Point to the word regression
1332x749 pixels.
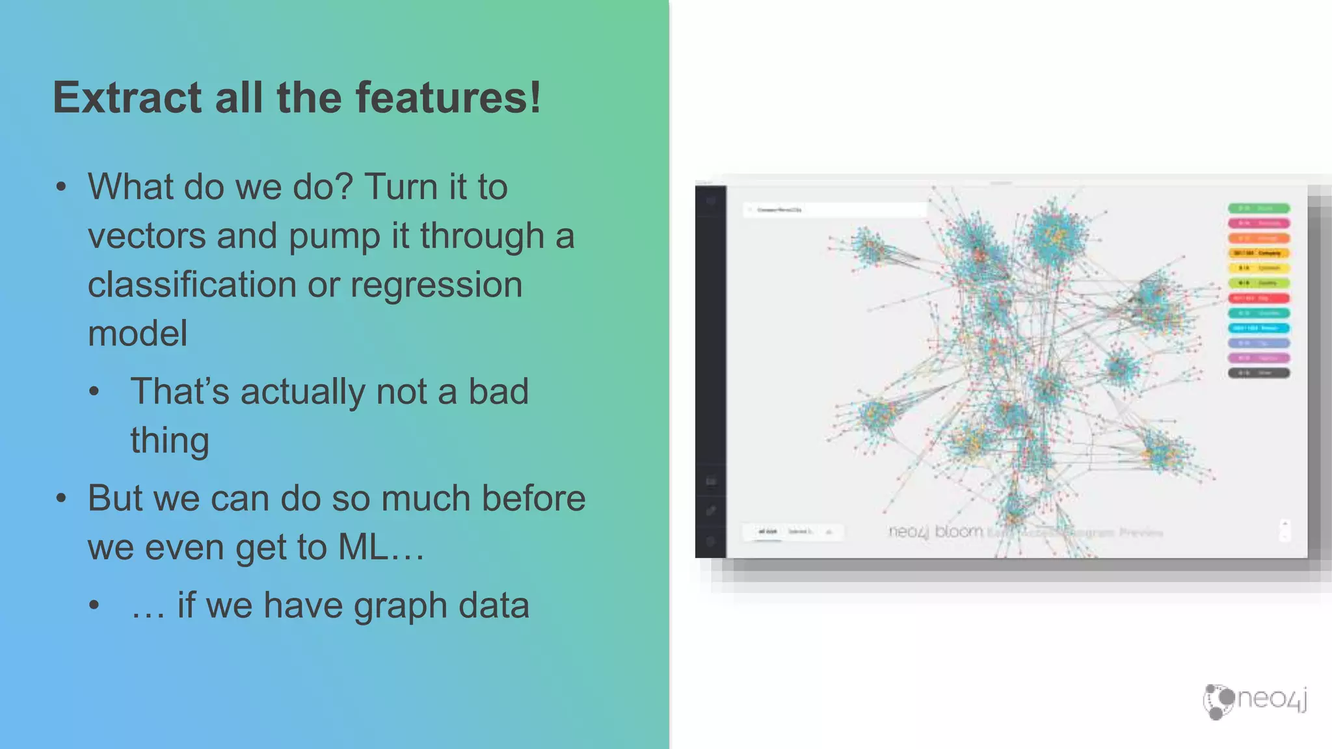[x=436, y=285]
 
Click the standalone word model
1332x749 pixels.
[x=137, y=334]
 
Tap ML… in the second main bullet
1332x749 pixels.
[x=381, y=547]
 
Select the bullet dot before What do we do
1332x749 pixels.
[x=61, y=187]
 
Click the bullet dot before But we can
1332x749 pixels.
[x=61, y=499]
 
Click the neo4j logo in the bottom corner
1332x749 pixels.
[x=1255, y=701]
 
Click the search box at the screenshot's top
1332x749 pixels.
[x=835, y=209]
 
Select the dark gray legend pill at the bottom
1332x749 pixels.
[x=1259, y=373]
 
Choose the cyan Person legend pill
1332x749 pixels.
[x=1259, y=328]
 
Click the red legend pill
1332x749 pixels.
[x=1259, y=298]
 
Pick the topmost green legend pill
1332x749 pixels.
[x=1259, y=208]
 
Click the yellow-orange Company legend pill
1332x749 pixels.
[x=1259, y=253]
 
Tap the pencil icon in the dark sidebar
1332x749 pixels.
[x=711, y=510]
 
